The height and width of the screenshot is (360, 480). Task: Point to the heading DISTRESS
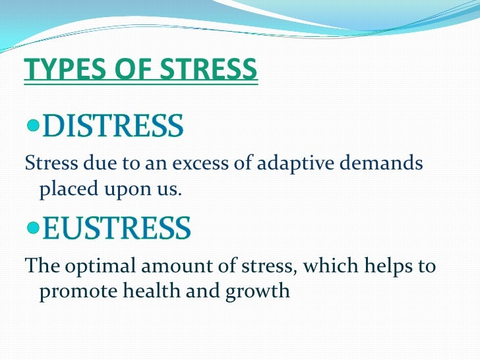point(113,126)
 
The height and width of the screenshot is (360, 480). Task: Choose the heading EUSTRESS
point(117,228)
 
